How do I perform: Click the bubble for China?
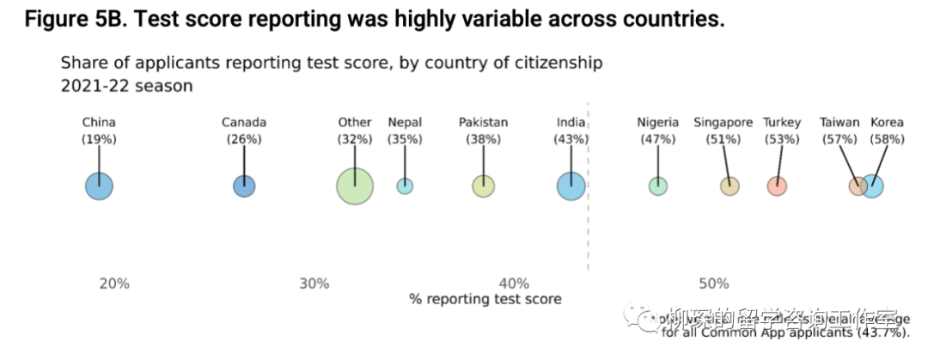[x=99, y=186]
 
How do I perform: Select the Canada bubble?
[x=244, y=186]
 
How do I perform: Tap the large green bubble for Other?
[x=355, y=186]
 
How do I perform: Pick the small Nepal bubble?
[x=405, y=186]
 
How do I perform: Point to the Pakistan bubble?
[x=484, y=186]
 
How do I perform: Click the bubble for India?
[x=571, y=186]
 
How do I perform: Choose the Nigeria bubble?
[x=658, y=186]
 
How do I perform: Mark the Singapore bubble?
[x=730, y=186]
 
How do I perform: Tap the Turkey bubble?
[x=778, y=186]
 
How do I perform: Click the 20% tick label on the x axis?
[x=114, y=284]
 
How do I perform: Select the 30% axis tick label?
[x=314, y=284]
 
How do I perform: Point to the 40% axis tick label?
[x=514, y=284]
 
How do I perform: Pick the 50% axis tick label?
[x=713, y=284]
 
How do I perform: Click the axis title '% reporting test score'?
[x=485, y=299]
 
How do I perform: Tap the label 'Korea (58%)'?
[x=888, y=131]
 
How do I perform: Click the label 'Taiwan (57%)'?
[x=839, y=131]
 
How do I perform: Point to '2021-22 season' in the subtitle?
[x=126, y=86]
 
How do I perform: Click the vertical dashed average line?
[x=588, y=223]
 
